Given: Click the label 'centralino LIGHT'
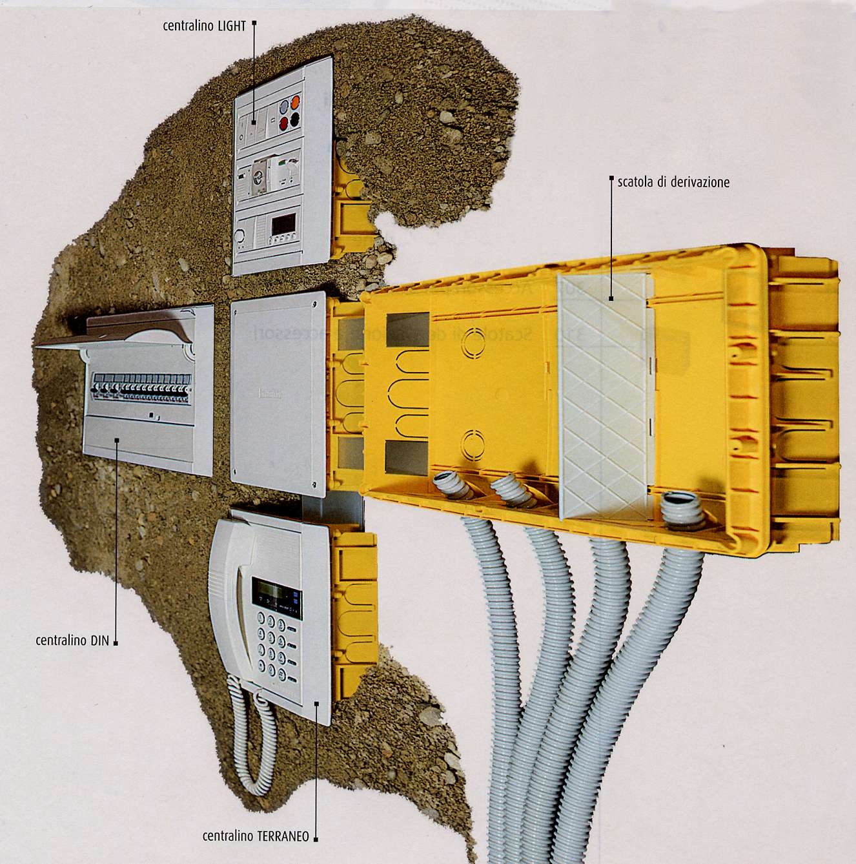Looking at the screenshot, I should pyautogui.click(x=204, y=26).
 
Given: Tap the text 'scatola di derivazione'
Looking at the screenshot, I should pyautogui.click(x=673, y=182).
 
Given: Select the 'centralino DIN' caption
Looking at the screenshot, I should pyautogui.click(x=72, y=641).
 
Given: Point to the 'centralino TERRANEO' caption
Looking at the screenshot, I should pyautogui.click(x=256, y=836).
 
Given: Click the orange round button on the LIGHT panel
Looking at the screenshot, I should pyautogui.click(x=296, y=101).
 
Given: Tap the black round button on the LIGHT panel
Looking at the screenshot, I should pyautogui.click(x=296, y=118).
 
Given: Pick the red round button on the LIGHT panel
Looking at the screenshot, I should pyautogui.click(x=283, y=121).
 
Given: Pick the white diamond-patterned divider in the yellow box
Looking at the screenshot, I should pyautogui.click(x=604, y=394).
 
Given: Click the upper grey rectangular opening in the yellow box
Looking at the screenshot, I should pyautogui.click(x=407, y=330).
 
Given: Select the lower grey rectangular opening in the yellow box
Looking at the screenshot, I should pyautogui.click(x=407, y=458).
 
